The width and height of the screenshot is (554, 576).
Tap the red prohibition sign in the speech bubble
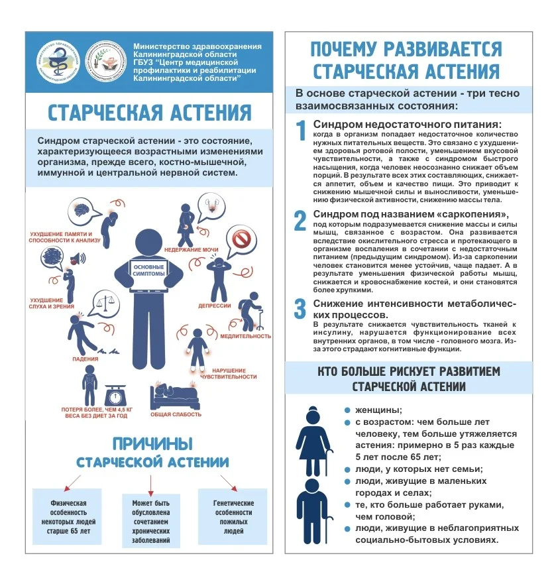point(241,237)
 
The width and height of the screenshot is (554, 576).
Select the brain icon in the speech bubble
point(85,209)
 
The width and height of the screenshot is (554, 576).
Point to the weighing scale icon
point(117,394)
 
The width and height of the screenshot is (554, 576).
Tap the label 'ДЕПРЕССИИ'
point(214,306)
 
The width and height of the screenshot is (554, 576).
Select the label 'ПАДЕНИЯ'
point(85,359)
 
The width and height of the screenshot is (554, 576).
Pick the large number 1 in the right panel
point(301,129)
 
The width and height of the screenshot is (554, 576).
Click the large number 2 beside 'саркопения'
point(301,219)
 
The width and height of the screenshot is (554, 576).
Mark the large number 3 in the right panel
point(301,308)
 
